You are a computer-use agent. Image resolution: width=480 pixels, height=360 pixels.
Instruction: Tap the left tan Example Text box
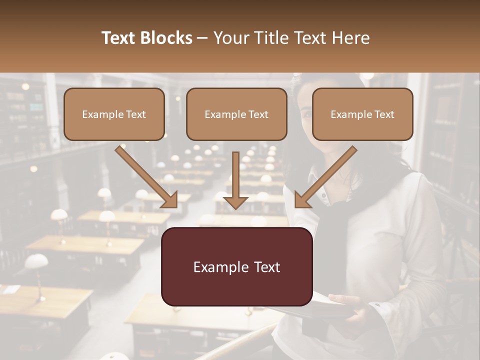[114, 114]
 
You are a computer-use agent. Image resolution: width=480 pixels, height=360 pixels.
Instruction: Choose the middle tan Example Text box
[236, 114]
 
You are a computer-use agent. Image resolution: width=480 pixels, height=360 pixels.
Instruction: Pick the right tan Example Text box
[362, 114]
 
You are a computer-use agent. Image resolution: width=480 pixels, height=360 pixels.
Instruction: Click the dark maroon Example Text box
[236, 266]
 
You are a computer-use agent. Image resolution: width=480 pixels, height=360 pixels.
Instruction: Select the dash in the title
[202, 38]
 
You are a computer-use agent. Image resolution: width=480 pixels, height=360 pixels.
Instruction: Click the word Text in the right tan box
[384, 114]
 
